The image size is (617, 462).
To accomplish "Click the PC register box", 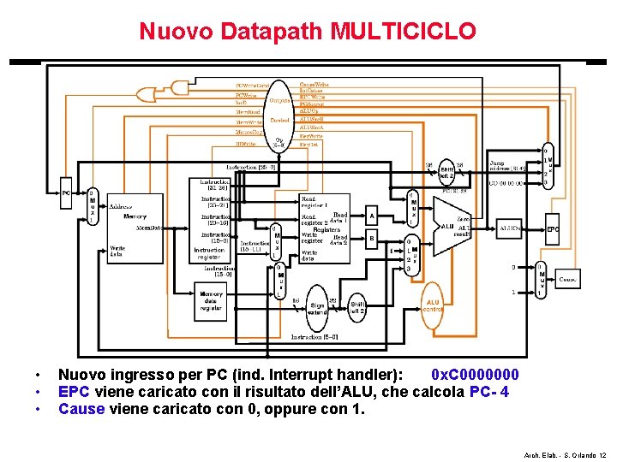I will (x=66, y=193).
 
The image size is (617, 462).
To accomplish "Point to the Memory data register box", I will (x=211, y=300).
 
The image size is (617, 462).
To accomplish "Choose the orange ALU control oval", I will (x=432, y=305).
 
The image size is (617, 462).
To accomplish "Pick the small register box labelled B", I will (x=372, y=240).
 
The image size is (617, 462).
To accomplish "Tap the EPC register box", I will (x=554, y=229).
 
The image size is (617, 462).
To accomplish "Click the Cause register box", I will (x=567, y=278).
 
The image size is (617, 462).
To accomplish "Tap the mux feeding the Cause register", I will (x=541, y=279).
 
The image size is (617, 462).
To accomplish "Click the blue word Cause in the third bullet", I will (x=80, y=409).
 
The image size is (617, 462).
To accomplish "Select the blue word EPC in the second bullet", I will (x=74, y=392).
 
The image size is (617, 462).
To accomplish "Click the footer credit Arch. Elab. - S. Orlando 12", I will (x=563, y=454).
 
